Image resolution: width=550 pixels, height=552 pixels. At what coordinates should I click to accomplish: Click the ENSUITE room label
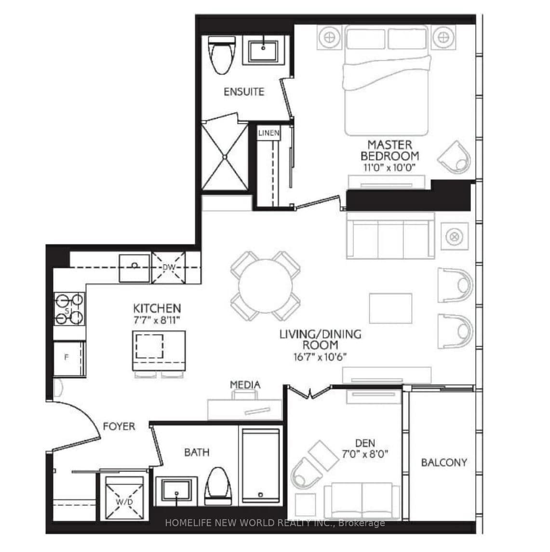[x=244, y=92]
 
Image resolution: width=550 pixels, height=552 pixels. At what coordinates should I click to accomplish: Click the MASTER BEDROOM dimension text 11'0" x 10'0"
[x=389, y=167]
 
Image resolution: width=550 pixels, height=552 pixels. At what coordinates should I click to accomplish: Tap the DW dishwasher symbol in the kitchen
[x=168, y=267]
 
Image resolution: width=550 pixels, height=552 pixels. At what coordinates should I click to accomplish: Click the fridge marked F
[x=68, y=358]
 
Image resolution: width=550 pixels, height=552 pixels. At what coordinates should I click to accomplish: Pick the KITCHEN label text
[x=157, y=308]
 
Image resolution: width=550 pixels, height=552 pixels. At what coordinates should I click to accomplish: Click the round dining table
[x=266, y=285]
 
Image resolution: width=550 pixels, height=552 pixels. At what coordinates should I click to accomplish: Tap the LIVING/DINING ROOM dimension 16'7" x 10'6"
[x=321, y=357]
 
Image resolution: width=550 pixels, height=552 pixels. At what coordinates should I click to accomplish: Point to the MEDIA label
[x=245, y=385]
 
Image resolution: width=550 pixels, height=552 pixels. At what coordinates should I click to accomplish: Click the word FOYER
[x=119, y=426]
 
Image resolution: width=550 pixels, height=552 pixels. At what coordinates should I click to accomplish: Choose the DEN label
[x=365, y=443]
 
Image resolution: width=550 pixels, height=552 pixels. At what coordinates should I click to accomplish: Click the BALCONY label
[x=444, y=462]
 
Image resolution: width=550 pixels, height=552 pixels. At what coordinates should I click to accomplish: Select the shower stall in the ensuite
[x=224, y=156]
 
